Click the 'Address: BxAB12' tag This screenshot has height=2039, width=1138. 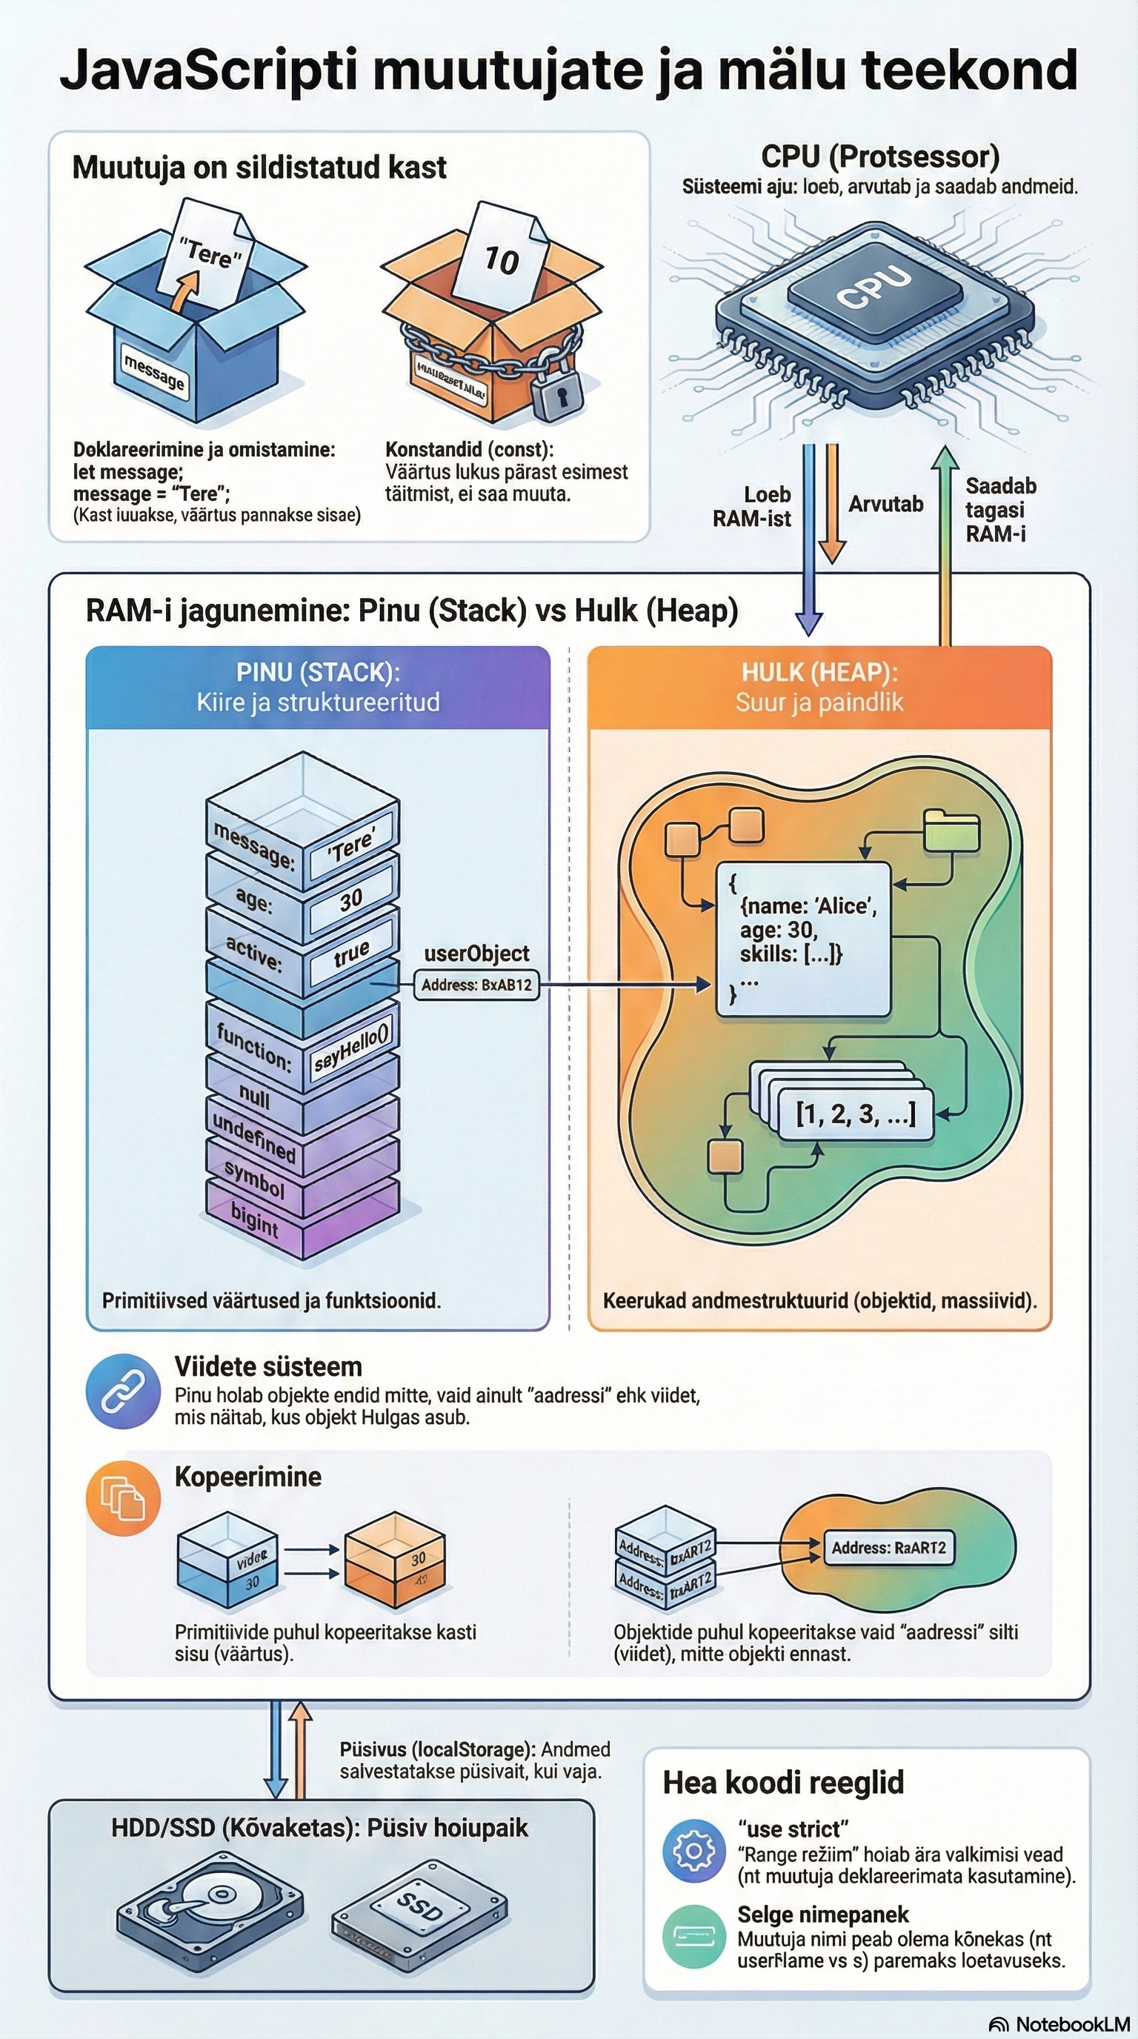(x=476, y=985)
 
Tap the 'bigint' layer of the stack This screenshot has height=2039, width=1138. (x=255, y=1220)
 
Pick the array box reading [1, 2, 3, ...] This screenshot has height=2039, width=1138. (x=855, y=1113)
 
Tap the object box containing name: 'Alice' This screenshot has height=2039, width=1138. (x=802, y=938)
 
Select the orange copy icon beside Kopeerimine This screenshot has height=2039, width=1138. (x=123, y=1498)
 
